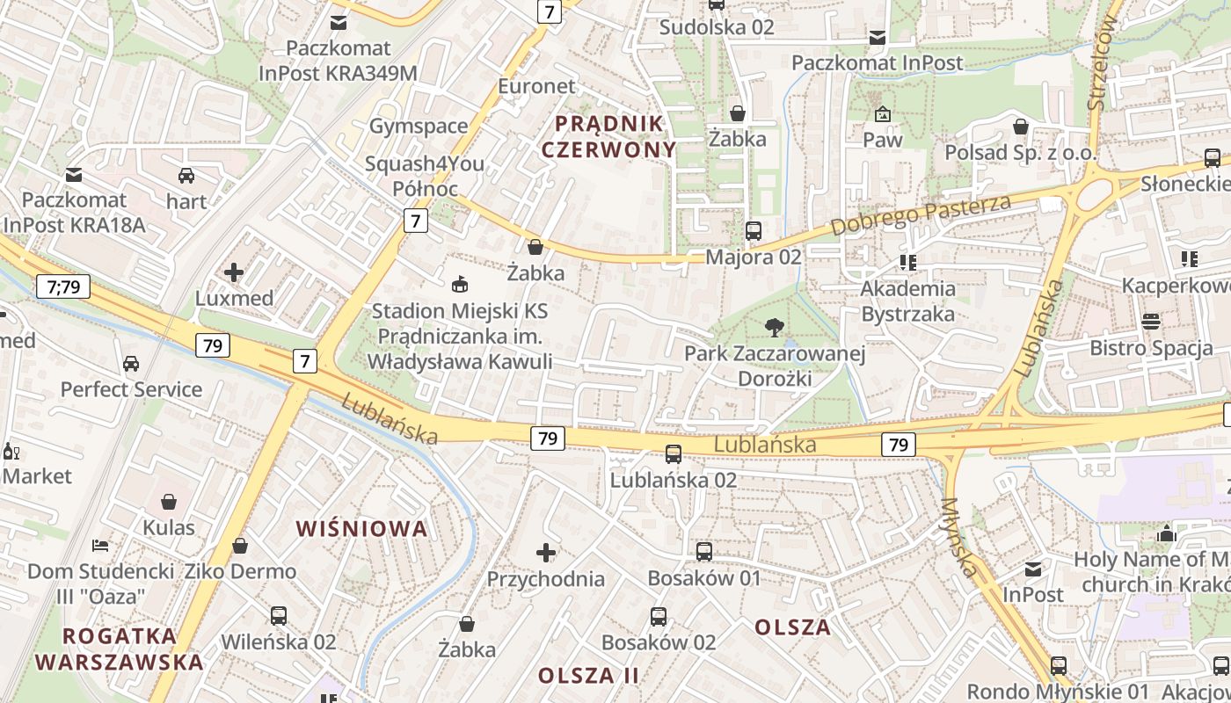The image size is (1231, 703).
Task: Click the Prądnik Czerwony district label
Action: click(x=609, y=135)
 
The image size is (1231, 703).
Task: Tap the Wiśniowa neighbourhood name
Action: click(x=361, y=528)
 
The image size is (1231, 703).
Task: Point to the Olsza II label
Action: click(x=588, y=676)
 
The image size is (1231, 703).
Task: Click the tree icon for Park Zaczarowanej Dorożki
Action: click(x=775, y=329)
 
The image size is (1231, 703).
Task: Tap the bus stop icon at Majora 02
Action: click(x=754, y=231)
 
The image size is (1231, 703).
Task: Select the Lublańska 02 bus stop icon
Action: click(x=674, y=454)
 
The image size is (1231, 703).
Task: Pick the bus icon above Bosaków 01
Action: click(x=704, y=552)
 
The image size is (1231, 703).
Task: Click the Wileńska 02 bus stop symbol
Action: click(x=279, y=616)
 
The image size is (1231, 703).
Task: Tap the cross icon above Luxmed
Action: click(x=234, y=272)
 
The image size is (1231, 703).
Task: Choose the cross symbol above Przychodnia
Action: click(x=546, y=553)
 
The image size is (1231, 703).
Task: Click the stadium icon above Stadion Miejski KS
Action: click(x=459, y=285)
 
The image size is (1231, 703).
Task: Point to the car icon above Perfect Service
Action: click(x=131, y=364)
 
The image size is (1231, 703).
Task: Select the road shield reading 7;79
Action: click(x=64, y=286)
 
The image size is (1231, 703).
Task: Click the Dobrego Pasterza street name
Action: click(x=921, y=214)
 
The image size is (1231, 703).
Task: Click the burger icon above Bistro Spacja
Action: click(x=1151, y=322)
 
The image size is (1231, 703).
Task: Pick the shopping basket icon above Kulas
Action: click(x=169, y=502)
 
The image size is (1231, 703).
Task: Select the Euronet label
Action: click(x=536, y=86)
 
